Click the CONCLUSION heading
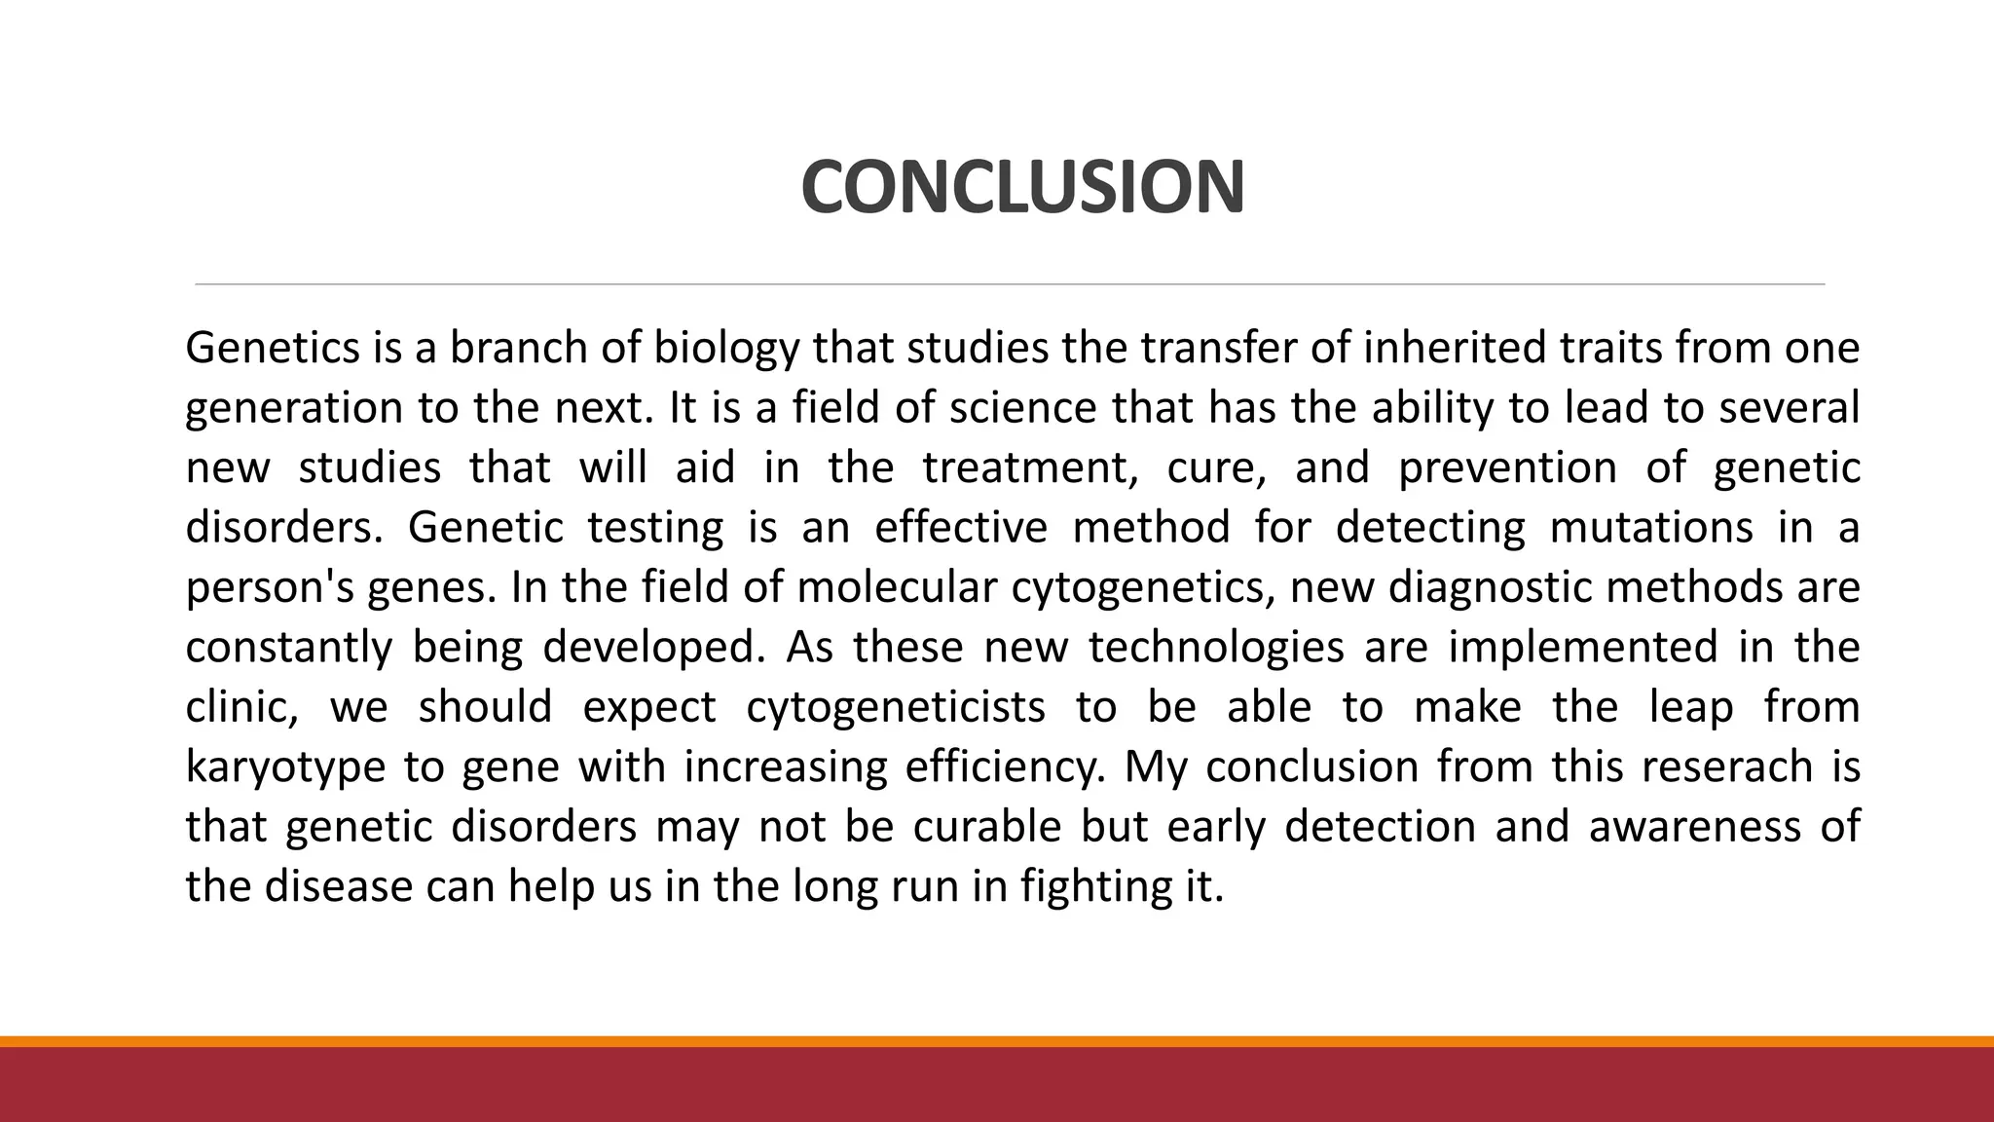tap(1022, 187)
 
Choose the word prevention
tap(1507, 467)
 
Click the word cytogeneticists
tap(896, 707)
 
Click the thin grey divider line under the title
tap(1010, 284)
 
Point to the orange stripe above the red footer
tap(997, 1041)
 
